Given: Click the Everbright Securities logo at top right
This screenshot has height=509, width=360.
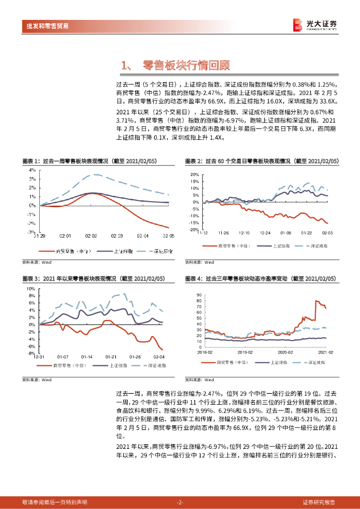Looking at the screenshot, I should click(314, 25).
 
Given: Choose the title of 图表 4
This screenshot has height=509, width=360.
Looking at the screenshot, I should click(261, 279).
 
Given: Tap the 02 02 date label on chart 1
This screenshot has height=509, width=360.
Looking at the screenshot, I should click(91, 236).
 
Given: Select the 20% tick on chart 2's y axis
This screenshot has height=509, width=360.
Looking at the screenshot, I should click(194, 174).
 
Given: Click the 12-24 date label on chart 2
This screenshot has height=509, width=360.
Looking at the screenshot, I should click(265, 233).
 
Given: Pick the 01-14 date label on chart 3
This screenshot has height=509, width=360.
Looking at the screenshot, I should click(87, 356).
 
